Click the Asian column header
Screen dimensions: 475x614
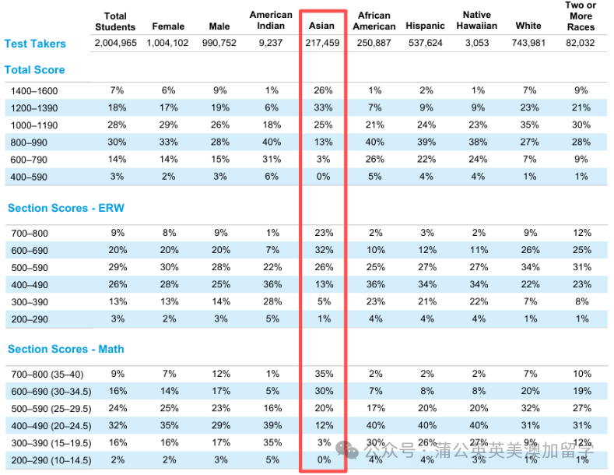tap(321, 26)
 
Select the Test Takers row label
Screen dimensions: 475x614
tap(35, 44)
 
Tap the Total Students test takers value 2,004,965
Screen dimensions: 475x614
tap(115, 43)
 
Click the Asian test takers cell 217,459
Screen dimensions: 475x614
tap(322, 43)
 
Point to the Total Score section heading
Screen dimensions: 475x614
tap(34, 70)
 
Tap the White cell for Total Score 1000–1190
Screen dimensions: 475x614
tap(528, 125)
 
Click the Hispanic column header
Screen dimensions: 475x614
tap(425, 26)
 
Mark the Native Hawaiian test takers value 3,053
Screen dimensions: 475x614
tap(476, 43)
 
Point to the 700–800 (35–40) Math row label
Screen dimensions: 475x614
tap(51, 374)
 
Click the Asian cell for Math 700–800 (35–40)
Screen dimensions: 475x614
tap(322, 374)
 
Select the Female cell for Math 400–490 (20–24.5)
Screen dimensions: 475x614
tap(169, 426)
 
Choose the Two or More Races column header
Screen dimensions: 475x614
tap(581, 16)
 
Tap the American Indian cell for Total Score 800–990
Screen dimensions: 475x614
tap(271, 142)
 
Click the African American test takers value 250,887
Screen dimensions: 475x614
tap(374, 43)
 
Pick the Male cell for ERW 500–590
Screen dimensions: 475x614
tap(219, 266)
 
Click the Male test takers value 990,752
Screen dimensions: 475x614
tap(219, 43)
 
